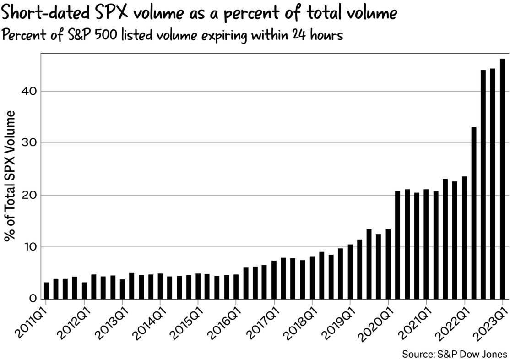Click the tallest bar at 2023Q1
click(x=502, y=179)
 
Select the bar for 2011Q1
click(x=46, y=290)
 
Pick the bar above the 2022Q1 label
click(x=464, y=238)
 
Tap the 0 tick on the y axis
click(x=33, y=299)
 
